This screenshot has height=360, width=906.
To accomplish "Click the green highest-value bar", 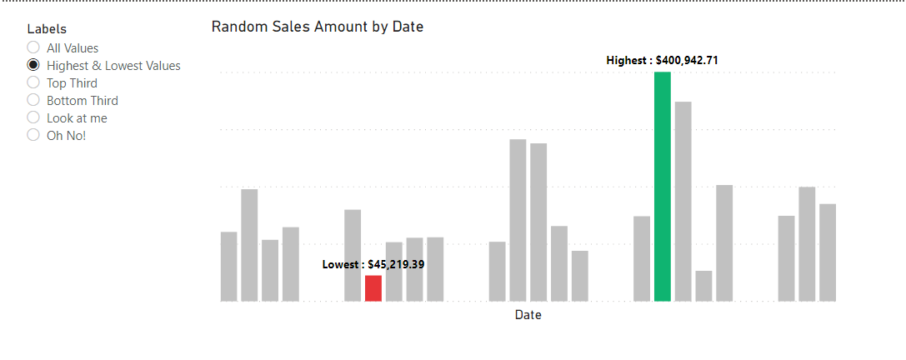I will tap(662, 187).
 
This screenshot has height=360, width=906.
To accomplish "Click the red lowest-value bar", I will tap(373, 288).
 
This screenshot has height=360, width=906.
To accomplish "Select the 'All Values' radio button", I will tap(33, 47).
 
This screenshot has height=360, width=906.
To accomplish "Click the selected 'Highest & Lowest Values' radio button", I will tap(33, 65).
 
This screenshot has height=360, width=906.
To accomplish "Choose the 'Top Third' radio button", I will tap(33, 82).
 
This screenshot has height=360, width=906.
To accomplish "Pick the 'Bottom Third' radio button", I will tap(33, 100).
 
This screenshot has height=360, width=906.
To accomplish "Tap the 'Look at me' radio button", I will tap(33, 117).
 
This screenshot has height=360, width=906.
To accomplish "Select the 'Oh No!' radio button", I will tap(33, 135).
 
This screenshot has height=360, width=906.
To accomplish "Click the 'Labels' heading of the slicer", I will tap(47, 29).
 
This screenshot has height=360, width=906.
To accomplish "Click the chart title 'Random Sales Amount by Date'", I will tap(317, 27).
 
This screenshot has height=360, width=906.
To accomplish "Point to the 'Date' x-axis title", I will tap(528, 315).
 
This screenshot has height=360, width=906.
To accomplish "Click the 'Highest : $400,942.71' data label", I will tap(662, 60).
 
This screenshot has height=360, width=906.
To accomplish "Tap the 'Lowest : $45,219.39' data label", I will tap(373, 264).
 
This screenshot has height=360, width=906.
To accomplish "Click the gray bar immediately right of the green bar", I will tap(683, 201).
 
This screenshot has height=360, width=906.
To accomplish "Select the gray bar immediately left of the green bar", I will tap(641, 258).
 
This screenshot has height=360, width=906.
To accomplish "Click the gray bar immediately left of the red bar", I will tap(353, 255).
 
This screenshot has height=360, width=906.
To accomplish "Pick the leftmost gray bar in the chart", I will tap(228, 266).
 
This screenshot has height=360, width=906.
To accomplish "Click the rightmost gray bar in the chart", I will tap(827, 252).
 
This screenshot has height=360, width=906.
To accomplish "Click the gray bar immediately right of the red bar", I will tap(394, 271).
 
